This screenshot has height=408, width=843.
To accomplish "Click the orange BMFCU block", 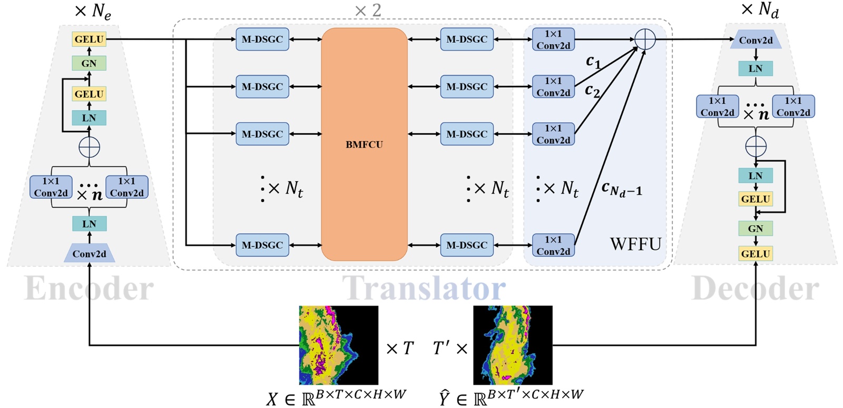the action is [364, 144].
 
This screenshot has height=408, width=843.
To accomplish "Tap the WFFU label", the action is [635, 244].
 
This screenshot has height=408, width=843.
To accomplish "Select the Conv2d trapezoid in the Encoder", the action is [89, 254].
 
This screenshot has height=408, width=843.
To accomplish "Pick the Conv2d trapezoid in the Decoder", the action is [756, 40].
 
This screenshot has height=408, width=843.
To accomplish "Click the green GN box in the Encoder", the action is [89, 63].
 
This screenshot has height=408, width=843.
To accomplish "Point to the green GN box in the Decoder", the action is [756, 228].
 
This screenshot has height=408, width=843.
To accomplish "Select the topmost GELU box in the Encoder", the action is [89, 39].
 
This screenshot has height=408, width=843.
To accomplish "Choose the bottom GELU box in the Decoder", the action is [756, 254].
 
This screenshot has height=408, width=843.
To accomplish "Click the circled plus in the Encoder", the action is [89, 147].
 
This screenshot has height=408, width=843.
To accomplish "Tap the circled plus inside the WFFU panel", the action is [645, 39].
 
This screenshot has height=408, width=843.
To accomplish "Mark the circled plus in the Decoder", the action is [756, 146].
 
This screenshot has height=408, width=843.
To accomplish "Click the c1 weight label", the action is [593, 62].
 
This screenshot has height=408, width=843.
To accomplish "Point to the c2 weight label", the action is [593, 91].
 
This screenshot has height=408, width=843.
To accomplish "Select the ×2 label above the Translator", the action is [368, 10].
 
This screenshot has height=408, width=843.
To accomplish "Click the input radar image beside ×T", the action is [338, 345].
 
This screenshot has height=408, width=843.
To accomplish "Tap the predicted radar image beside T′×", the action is [512, 345].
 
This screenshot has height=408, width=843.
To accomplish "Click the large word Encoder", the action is [89, 288].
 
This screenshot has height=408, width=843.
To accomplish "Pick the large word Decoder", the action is [755, 288].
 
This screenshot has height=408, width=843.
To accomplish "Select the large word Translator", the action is [424, 288].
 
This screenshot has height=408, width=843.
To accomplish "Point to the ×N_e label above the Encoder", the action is [93, 11].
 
